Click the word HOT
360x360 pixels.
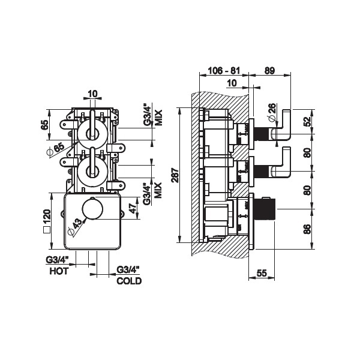58,271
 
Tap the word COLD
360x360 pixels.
129,280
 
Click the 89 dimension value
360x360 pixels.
269,70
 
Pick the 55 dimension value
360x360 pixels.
261,273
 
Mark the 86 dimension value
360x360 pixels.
307,229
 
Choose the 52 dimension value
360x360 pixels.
307,122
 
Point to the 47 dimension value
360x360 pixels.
133,208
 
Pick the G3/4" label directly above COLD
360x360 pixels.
128,270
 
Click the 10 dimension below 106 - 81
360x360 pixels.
232,84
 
